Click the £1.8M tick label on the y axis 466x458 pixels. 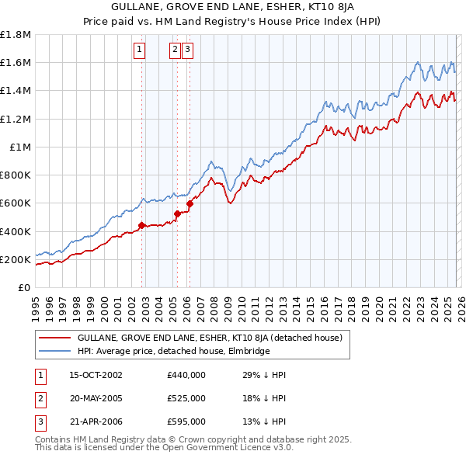click(16, 35)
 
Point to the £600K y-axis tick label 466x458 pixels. click(16, 203)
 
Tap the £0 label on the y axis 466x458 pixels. click(24, 287)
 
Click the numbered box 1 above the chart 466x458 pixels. click(139, 50)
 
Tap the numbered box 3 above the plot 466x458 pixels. click(189, 50)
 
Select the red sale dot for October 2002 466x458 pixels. click(142, 226)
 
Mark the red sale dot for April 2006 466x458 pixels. click(190, 204)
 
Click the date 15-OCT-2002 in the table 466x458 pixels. click(96, 375)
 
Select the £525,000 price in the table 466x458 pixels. click(186, 398)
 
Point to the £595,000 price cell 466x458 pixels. click(186, 422)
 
